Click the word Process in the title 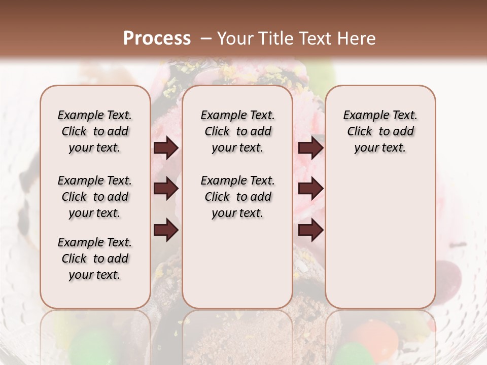point(157,38)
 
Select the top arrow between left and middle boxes point(166,148)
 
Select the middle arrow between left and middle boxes point(166,189)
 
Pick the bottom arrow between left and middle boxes point(166,230)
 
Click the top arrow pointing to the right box point(310,148)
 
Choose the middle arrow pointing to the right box point(310,189)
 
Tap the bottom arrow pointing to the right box point(310,230)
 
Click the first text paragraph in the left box point(95,131)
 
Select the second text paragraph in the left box point(95,197)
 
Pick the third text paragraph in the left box point(95,259)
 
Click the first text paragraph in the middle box point(237,131)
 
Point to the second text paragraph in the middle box point(237,197)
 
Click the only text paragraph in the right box point(380,131)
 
